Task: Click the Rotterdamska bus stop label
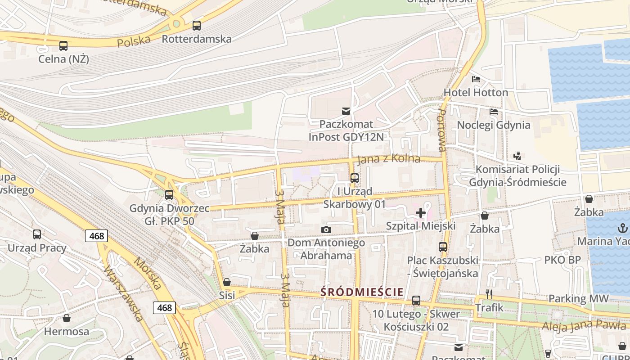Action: pyautogui.click(x=197, y=39)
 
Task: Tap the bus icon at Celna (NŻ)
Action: pyautogui.click(x=63, y=45)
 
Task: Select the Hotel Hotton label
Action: pyautogui.click(x=476, y=93)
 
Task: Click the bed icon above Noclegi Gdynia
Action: pyautogui.click(x=494, y=112)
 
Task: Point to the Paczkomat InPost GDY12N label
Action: pyautogui.click(x=346, y=130)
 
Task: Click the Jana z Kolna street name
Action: pyautogui.click(x=389, y=159)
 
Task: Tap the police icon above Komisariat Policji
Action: pyautogui.click(x=517, y=156)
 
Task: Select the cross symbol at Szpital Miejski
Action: pyautogui.click(x=421, y=212)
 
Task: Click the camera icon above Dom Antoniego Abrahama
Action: pyautogui.click(x=326, y=230)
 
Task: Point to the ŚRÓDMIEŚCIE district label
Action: pyautogui.click(x=362, y=292)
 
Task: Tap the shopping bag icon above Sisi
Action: pyautogui.click(x=227, y=282)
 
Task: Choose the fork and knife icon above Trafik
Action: pyautogui.click(x=489, y=294)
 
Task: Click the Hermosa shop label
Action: pyautogui.click(x=67, y=332)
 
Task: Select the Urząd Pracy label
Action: pyautogui.click(x=37, y=248)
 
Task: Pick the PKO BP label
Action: pyautogui.click(x=562, y=260)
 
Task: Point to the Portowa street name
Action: pyautogui.click(x=441, y=130)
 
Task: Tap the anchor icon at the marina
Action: pyautogui.click(x=623, y=228)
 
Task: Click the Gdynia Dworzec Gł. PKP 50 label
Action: pyautogui.click(x=169, y=215)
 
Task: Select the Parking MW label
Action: pyautogui.click(x=578, y=298)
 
